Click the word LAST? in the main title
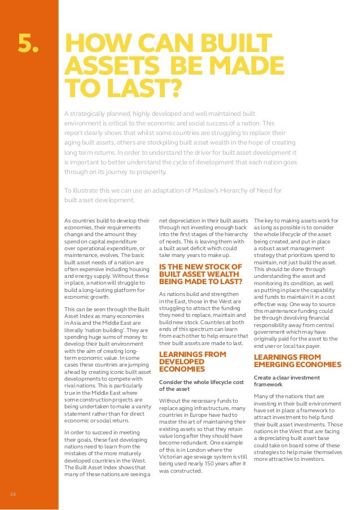(x=133, y=88)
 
